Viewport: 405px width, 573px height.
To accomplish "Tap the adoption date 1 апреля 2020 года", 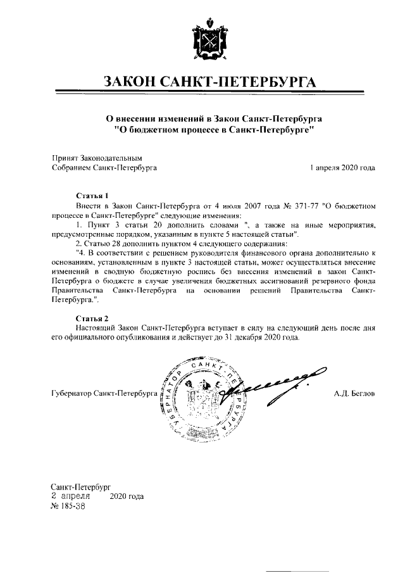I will [342, 168].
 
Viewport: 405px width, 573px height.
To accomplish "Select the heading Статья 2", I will [92, 317].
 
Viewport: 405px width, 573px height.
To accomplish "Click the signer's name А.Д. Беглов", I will [354, 394].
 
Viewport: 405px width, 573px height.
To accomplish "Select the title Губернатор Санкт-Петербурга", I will [104, 394].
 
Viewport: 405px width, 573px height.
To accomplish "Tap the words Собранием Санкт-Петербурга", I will [104, 168].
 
